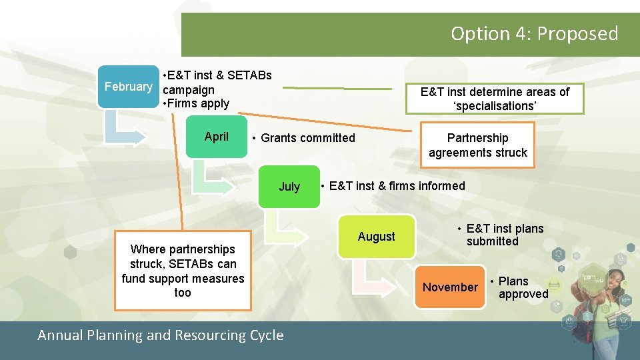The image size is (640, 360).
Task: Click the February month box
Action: (x=129, y=87)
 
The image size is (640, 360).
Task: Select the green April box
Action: (x=217, y=137)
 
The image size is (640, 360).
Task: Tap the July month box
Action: (x=289, y=187)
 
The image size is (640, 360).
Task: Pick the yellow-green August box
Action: (x=376, y=237)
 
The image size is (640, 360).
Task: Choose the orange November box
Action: (x=450, y=287)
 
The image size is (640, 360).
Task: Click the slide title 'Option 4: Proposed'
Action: (x=534, y=33)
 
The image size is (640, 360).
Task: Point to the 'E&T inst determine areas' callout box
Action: (x=495, y=99)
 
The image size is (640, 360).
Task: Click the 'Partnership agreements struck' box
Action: (x=477, y=145)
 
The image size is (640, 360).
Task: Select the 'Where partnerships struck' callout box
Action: (x=183, y=271)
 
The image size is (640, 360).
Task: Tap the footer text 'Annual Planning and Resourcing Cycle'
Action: (x=161, y=335)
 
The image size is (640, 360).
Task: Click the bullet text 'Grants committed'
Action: (x=307, y=138)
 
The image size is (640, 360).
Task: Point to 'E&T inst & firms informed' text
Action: (x=397, y=186)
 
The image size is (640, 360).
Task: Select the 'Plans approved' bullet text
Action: (x=523, y=287)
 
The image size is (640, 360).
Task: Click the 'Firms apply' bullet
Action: (x=198, y=103)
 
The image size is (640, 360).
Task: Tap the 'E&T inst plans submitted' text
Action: (x=504, y=235)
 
